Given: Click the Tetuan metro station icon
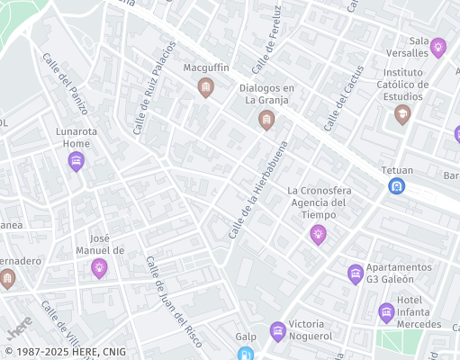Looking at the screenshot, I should click(x=395, y=186).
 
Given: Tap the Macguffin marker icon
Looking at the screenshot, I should click(x=206, y=86).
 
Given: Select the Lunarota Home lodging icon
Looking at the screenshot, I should click(x=77, y=161).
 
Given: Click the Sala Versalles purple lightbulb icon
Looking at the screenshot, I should click(x=438, y=47).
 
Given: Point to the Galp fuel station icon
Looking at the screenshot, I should click(x=246, y=354).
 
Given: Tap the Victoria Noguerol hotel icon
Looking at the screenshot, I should click(x=277, y=331).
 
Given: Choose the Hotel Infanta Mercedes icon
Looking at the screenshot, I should click(x=386, y=312).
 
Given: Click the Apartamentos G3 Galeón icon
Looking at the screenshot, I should click(x=356, y=273).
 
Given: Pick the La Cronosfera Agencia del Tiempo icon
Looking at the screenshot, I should click(x=318, y=234).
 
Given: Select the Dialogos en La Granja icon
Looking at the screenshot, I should click(x=266, y=120).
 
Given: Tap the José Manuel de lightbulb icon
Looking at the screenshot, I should click(x=99, y=267).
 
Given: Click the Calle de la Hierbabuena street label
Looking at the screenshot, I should click(x=257, y=191).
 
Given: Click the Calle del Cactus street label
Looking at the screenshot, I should click(x=343, y=97).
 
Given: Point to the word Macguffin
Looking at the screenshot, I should click(x=206, y=68).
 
